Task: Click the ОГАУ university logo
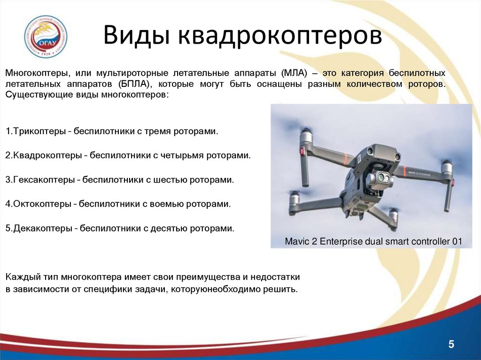tap(46, 37)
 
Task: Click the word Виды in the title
tap(136, 37)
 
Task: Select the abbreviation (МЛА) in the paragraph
tap(295, 74)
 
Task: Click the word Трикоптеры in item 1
tap(39, 131)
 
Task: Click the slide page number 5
tap(451, 345)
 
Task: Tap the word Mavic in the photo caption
tap(296, 242)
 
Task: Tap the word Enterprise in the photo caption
tap(339, 242)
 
